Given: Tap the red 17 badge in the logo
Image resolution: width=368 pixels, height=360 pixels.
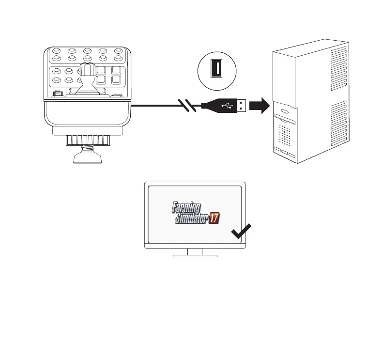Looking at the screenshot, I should [214, 219].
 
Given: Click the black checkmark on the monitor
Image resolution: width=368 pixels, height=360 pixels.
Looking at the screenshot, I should [241, 232].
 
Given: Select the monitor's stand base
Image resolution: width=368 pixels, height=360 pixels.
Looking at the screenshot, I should [195, 255].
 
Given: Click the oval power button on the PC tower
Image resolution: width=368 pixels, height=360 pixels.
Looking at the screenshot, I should [284, 111].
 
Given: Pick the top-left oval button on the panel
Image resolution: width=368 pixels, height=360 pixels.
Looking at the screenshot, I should [57, 50].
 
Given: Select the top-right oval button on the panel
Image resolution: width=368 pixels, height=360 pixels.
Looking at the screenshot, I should [118, 50].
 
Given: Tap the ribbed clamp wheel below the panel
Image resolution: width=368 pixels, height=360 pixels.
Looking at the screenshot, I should [87, 141].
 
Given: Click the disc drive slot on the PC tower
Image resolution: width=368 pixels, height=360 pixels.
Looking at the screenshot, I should [286, 118].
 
